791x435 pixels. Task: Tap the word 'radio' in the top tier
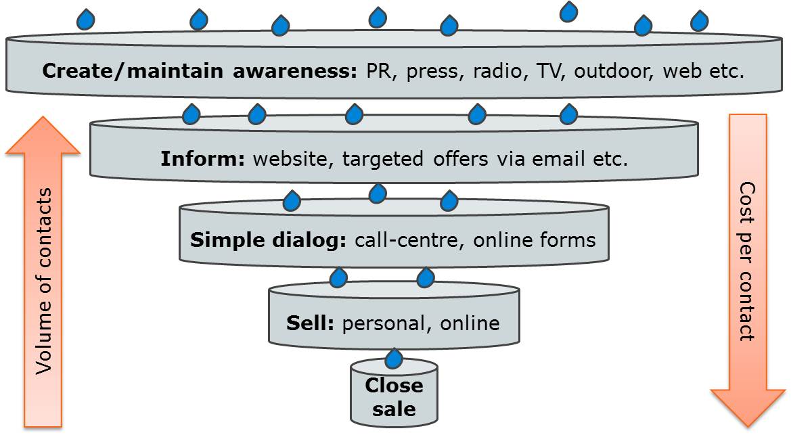(x=495, y=70)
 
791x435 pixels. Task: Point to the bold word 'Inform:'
(x=203, y=160)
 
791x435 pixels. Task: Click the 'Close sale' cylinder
(x=394, y=396)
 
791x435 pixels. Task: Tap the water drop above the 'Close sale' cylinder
(x=394, y=357)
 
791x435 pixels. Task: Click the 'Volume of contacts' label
(x=45, y=281)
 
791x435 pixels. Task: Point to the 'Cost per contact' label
(x=747, y=260)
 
